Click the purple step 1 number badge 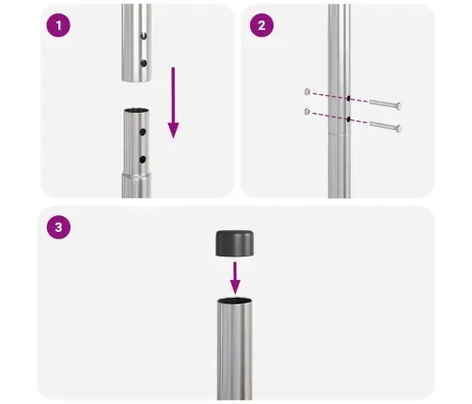[x=59, y=26]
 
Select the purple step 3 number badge [x=58, y=227]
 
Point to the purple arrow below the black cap [x=235, y=276]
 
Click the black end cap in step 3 [x=235, y=243]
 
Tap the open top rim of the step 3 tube [x=235, y=303]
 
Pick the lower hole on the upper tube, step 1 [x=144, y=63]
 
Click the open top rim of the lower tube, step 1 [x=136, y=111]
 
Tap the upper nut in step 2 [x=307, y=91]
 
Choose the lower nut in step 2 [x=307, y=113]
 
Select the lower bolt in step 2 [x=379, y=126]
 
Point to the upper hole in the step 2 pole [x=348, y=97]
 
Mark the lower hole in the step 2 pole [x=348, y=119]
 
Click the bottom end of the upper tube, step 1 [x=136, y=75]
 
